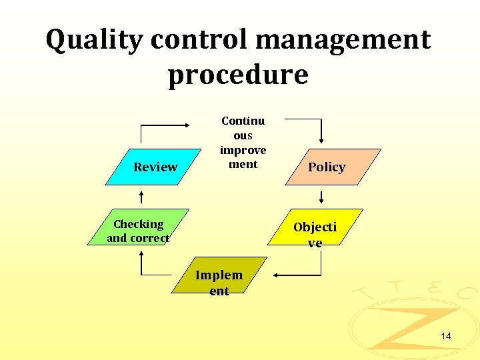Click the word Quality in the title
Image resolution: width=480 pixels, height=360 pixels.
94,41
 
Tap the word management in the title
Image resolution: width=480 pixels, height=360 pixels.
343,41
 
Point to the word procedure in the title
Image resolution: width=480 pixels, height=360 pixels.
238,75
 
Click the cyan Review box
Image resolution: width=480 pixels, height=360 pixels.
155,167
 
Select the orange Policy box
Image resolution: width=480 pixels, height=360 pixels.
327,167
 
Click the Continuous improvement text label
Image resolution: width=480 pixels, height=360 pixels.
243,142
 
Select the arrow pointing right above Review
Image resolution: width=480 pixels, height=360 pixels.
167,125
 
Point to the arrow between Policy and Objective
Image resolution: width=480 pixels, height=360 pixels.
321,197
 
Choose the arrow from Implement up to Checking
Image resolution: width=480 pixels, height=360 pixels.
150,267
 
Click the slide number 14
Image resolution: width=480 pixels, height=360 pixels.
445,336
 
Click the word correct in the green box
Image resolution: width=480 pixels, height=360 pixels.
148,238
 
